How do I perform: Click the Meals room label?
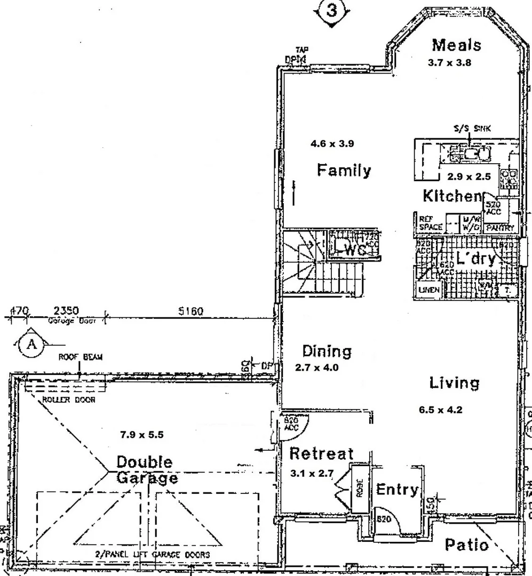click(456, 45)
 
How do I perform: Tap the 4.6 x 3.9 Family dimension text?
click(332, 143)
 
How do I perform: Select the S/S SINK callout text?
click(469, 129)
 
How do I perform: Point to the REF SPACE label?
click(430, 223)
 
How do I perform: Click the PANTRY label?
click(499, 228)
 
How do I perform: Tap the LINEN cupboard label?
click(429, 290)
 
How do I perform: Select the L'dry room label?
click(475, 260)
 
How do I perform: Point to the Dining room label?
click(327, 351)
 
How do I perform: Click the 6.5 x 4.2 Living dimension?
click(440, 410)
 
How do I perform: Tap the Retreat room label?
click(321, 454)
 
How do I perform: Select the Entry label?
click(397, 490)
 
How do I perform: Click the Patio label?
click(466, 545)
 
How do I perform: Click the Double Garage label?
click(145, 469)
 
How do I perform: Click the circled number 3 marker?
click(331, 12)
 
